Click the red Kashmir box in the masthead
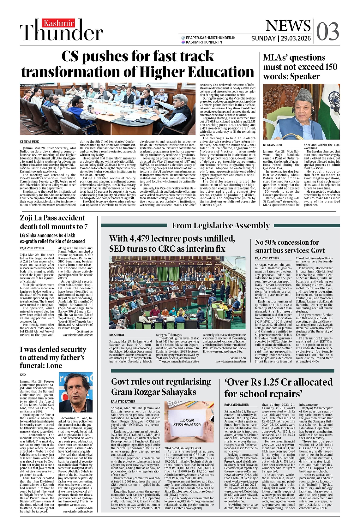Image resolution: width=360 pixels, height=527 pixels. point(58,23)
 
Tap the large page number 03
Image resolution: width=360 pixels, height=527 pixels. point(327,32)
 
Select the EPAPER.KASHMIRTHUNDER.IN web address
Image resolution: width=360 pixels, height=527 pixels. point(211,38)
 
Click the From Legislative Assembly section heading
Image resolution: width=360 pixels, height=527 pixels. point(221,225)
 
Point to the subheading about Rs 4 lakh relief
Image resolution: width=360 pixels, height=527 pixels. point(52,238)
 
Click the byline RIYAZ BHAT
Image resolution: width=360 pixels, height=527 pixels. point(117,335)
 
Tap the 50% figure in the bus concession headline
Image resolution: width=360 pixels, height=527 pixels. point(278,243)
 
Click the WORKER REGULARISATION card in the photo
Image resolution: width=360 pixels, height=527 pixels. point(187,422)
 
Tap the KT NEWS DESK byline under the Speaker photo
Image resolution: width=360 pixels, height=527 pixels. point(273,145)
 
